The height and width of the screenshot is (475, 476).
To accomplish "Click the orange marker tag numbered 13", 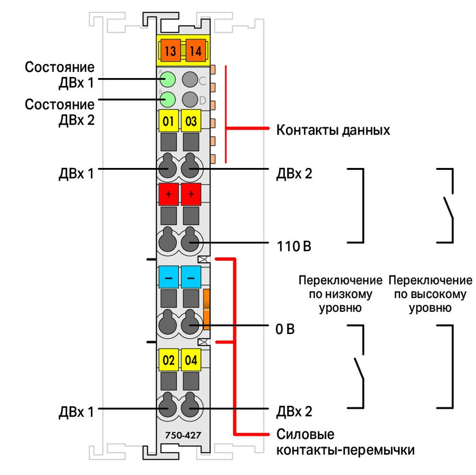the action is pos(170,50).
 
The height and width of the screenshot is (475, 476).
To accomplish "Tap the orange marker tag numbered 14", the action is pos(196,50).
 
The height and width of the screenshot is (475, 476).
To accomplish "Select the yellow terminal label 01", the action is pos(169,121).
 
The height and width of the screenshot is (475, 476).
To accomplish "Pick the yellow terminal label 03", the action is pos(191,121).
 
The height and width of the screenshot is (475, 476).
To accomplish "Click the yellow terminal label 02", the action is pos(169,360).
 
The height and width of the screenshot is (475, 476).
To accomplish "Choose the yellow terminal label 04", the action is pos(191,360).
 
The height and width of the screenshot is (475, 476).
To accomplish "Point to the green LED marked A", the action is pos(168,79).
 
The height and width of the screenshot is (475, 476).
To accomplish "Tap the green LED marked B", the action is pos(168,99).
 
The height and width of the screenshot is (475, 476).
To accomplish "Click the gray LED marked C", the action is pos(190,79).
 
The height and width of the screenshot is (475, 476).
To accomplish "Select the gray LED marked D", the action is pos(190,99).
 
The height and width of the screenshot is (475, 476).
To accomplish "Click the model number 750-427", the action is pos(183,435).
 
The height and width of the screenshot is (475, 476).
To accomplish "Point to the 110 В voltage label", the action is pos(294,246).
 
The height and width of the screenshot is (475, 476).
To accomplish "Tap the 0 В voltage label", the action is pos(285,329).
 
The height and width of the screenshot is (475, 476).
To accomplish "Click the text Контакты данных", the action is pos(333,130).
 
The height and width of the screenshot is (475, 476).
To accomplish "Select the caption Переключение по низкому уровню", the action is pos(340,294).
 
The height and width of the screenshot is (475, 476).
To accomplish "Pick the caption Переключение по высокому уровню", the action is pos(430,294).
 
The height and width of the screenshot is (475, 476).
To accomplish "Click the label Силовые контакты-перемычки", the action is pos(346,442).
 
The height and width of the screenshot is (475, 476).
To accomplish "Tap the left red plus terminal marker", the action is pos(169,194).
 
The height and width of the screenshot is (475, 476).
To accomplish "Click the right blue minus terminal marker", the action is pos(191,277).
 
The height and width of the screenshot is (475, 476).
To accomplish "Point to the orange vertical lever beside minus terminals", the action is pos(207,309).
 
